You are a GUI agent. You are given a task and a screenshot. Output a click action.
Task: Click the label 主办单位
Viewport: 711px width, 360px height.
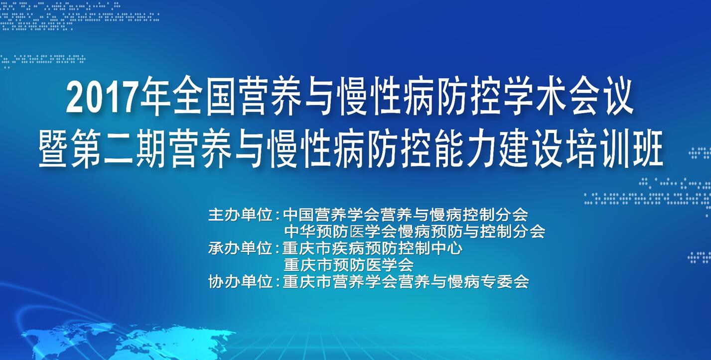[x=240, y=215]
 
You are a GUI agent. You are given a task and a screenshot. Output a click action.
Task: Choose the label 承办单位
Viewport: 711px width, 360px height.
[x=240, y=248]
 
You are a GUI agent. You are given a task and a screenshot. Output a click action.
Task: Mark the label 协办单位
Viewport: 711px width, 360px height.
[x=240, y=281]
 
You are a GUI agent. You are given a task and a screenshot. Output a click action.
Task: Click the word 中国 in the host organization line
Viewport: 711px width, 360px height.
[x=299, y=215]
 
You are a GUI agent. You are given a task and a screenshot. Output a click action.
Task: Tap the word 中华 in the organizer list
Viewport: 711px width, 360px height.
[x=300, y=232]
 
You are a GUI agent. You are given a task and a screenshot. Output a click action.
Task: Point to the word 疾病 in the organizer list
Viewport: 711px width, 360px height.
[x=348, y=248]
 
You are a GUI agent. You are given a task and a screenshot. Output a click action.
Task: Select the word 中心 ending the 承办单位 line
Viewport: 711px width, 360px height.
[x=446, y=248]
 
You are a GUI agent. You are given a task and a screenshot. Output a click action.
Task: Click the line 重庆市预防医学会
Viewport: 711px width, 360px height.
[x=349, y=265]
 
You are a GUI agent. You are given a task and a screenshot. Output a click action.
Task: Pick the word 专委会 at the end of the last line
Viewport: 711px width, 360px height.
[x=505, y=281]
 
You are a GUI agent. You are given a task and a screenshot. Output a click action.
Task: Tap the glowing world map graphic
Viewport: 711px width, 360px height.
[x=127, y=341]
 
